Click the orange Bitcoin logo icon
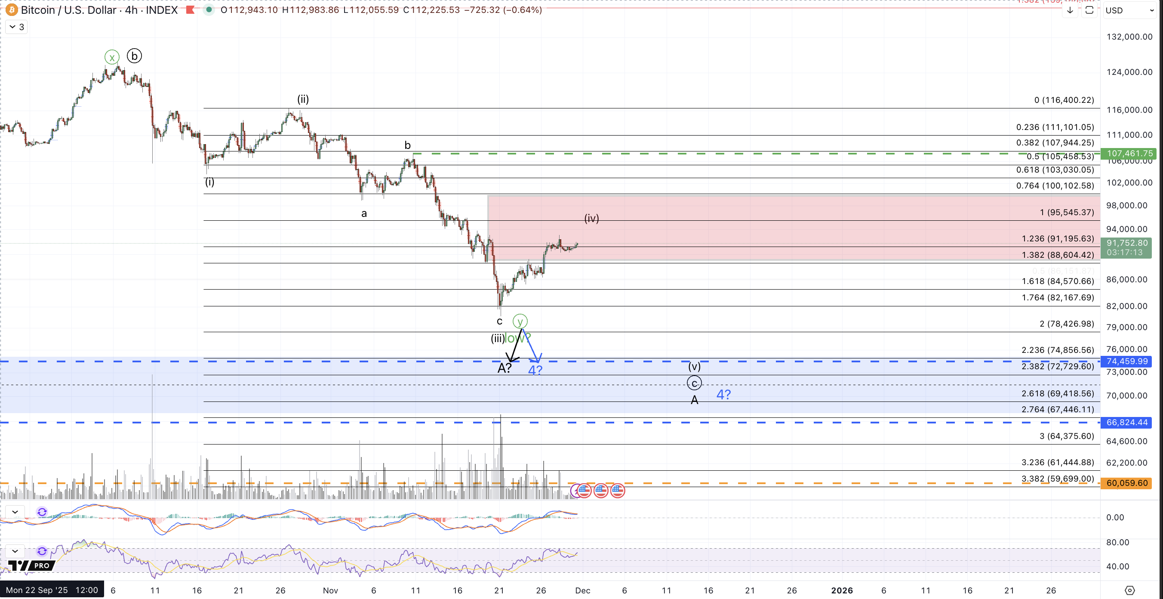pos(11,10)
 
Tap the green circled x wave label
pos(112,57)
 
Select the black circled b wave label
pos(134,56)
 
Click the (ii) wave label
pos(303,99)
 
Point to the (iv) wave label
pos(591,218)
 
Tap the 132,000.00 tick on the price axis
pos(1129,37)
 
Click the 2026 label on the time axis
pos(842,590)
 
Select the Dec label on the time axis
pos(582,590)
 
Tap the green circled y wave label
pos(520,321)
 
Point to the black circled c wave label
pos(694,383)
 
